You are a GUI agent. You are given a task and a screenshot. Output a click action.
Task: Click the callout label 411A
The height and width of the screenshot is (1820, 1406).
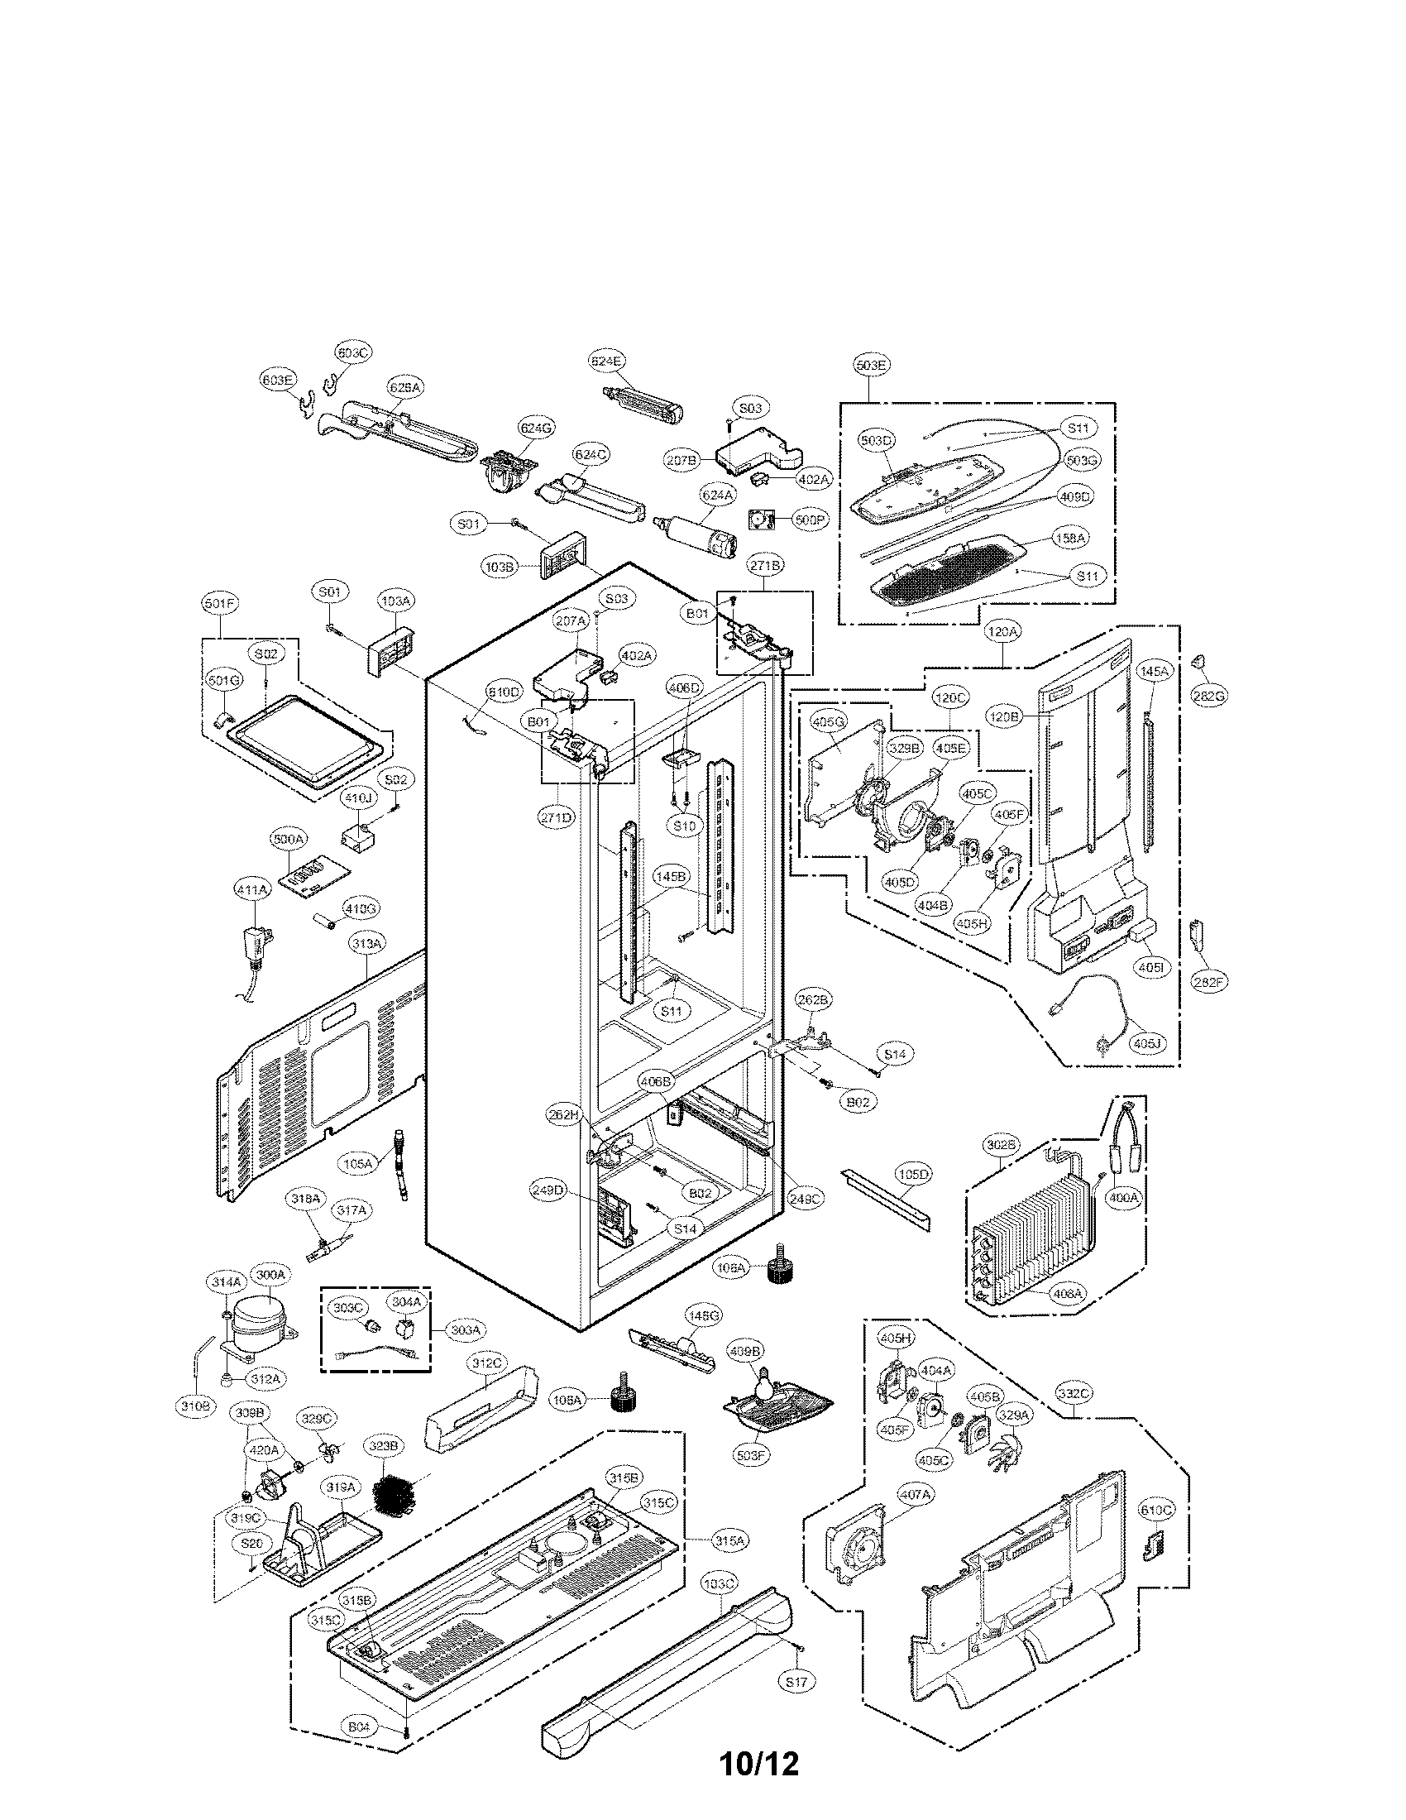(251, 890)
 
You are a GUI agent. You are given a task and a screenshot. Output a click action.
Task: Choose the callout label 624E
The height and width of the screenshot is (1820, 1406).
(606, 362)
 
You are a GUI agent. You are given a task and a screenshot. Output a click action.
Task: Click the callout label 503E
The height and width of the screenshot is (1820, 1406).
(871, 365)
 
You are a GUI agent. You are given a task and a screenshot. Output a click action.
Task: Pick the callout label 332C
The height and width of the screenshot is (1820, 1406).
(1074, 1392)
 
